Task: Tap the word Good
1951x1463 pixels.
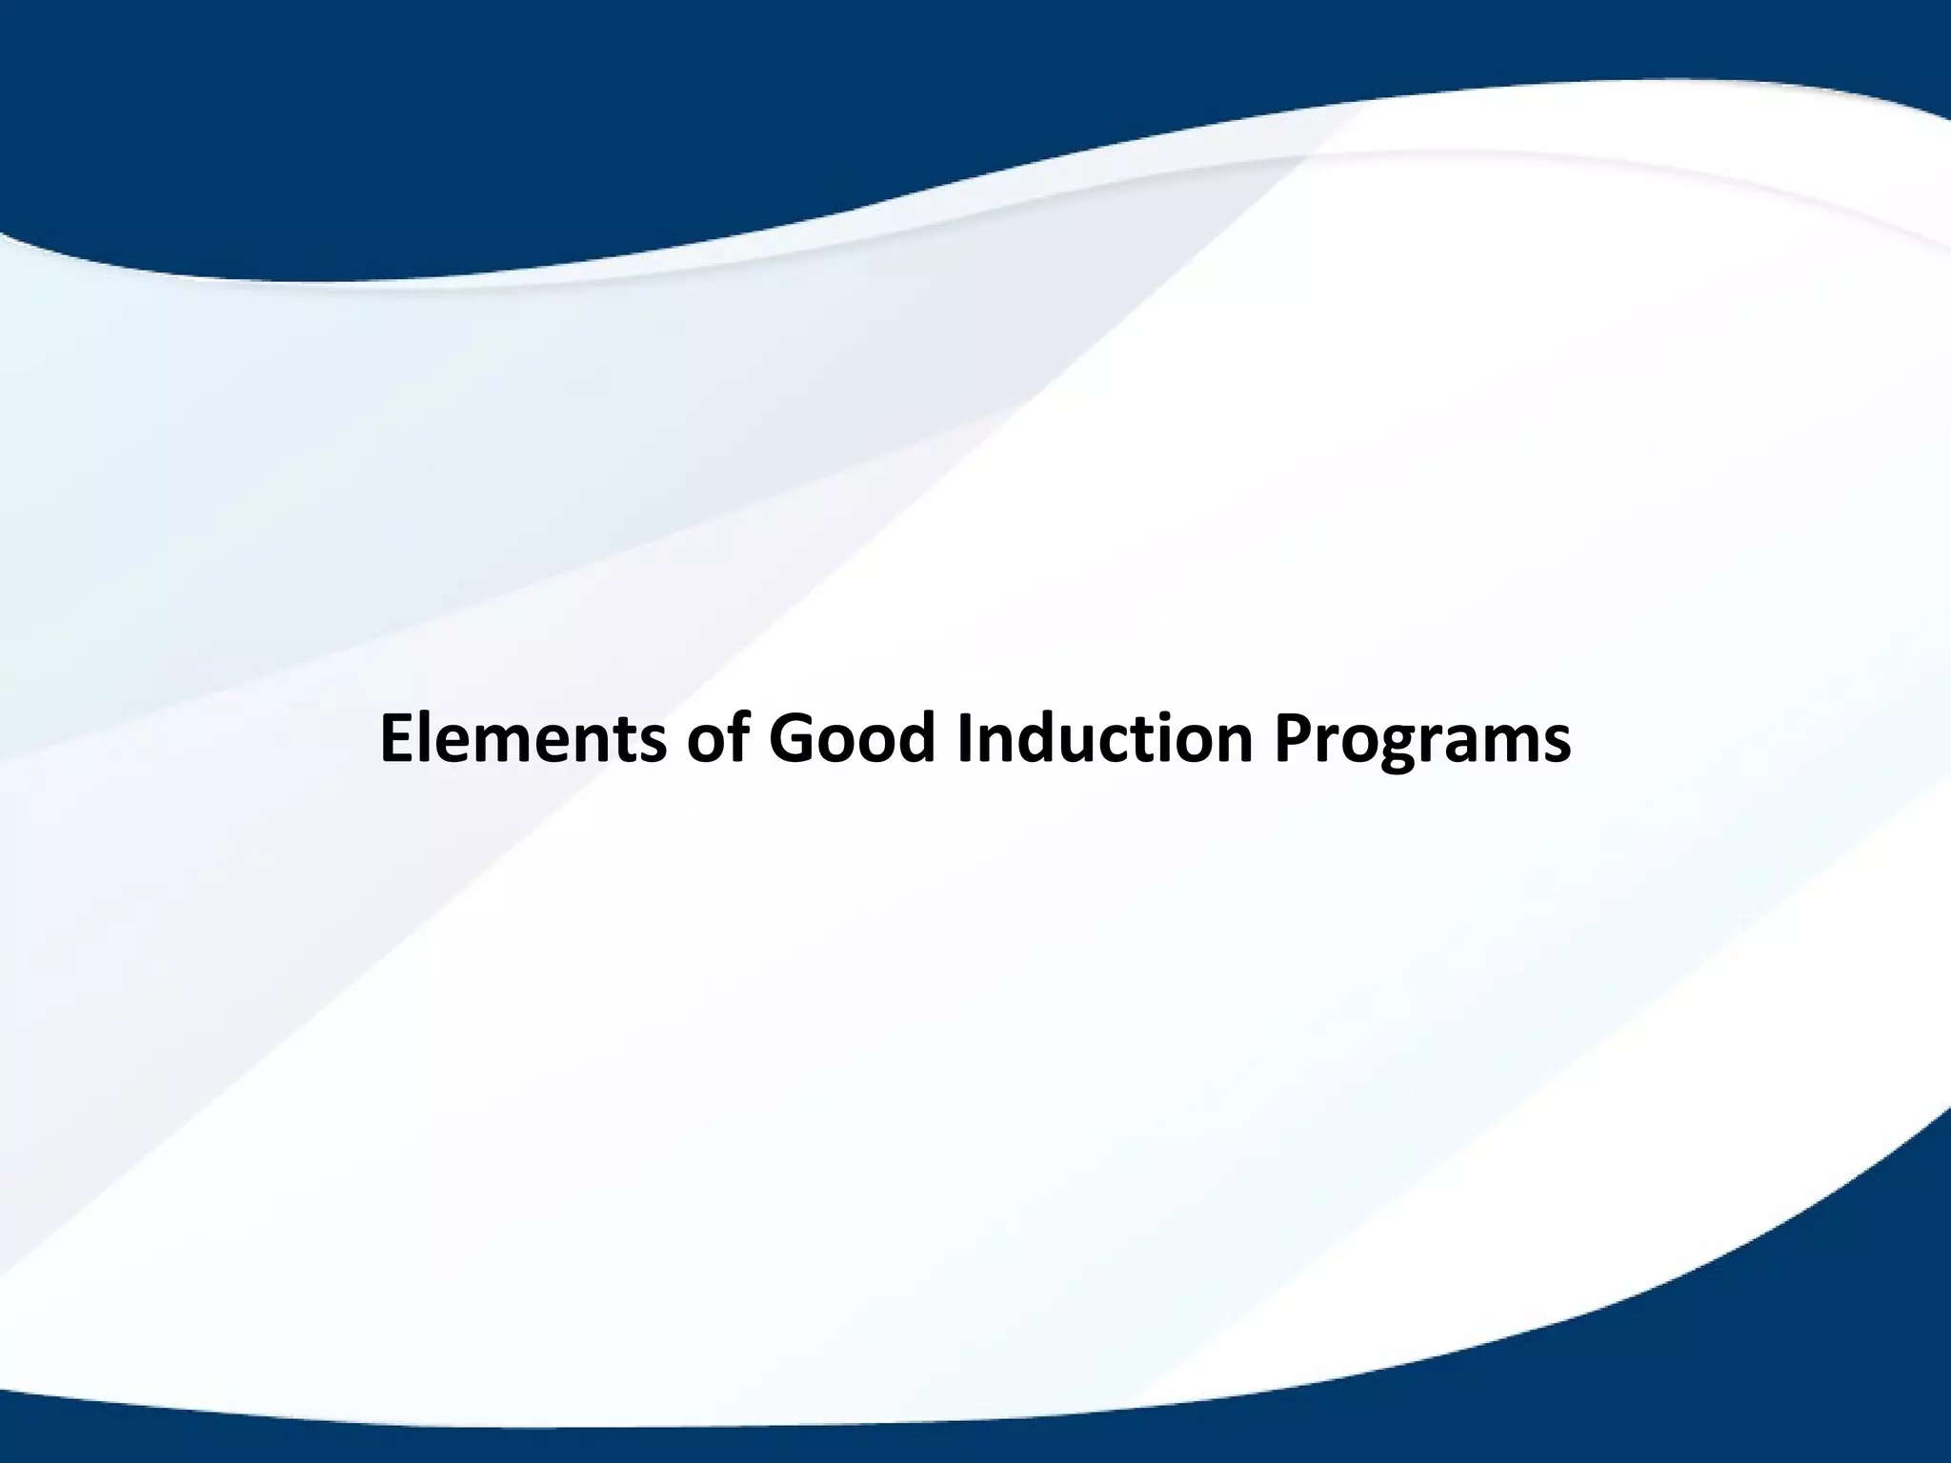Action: (854, 740)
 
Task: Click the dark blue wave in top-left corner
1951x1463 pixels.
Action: (143, 95)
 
